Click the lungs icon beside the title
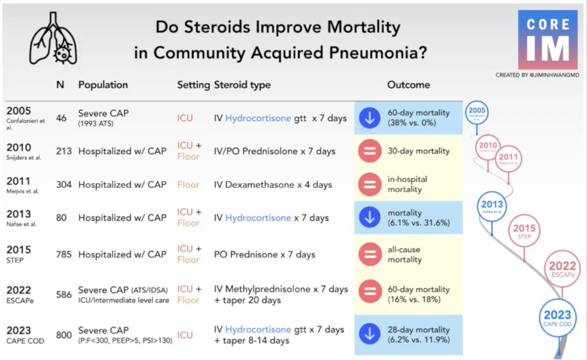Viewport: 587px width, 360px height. pos(53,39)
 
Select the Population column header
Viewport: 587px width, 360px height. pos(103,85)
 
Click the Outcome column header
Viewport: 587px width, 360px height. pos(408,85)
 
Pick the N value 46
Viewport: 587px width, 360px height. pos(61,118)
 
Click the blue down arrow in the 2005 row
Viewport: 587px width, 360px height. pos(369,118)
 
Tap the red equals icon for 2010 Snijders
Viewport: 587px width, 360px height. pos(369,151)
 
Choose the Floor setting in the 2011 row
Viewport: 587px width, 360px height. pos(188,185)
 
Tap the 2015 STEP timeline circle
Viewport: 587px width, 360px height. pos(524,231)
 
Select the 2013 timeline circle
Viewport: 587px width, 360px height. pos(492,207)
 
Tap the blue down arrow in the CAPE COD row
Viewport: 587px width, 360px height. pos(369,335)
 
